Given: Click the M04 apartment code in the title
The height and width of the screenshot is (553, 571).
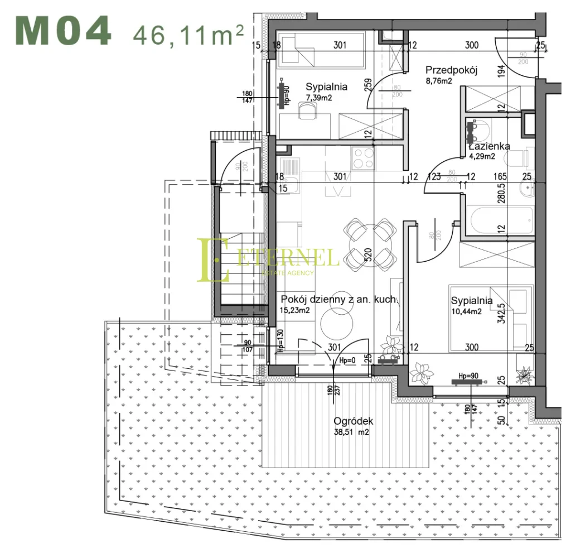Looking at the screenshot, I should [x=62, y=32].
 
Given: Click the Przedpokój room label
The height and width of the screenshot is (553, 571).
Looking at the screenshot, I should [x=452, y=70].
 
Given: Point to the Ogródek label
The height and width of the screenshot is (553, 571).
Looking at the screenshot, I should [x=353, y=422].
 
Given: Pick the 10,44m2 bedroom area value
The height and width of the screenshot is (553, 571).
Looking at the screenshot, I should [x=466, y=311].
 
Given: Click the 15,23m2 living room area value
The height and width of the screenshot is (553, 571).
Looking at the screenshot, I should [x=296, y=310].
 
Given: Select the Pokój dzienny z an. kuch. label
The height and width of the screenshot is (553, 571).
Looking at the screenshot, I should [x=340, y=300].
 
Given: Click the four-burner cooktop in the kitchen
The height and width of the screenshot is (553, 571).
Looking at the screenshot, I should [x=363, y=158].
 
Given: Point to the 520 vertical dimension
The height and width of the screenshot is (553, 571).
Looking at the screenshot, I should [x=367, y=256].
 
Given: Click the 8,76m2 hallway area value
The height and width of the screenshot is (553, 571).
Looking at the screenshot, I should [x=438, y=81].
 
